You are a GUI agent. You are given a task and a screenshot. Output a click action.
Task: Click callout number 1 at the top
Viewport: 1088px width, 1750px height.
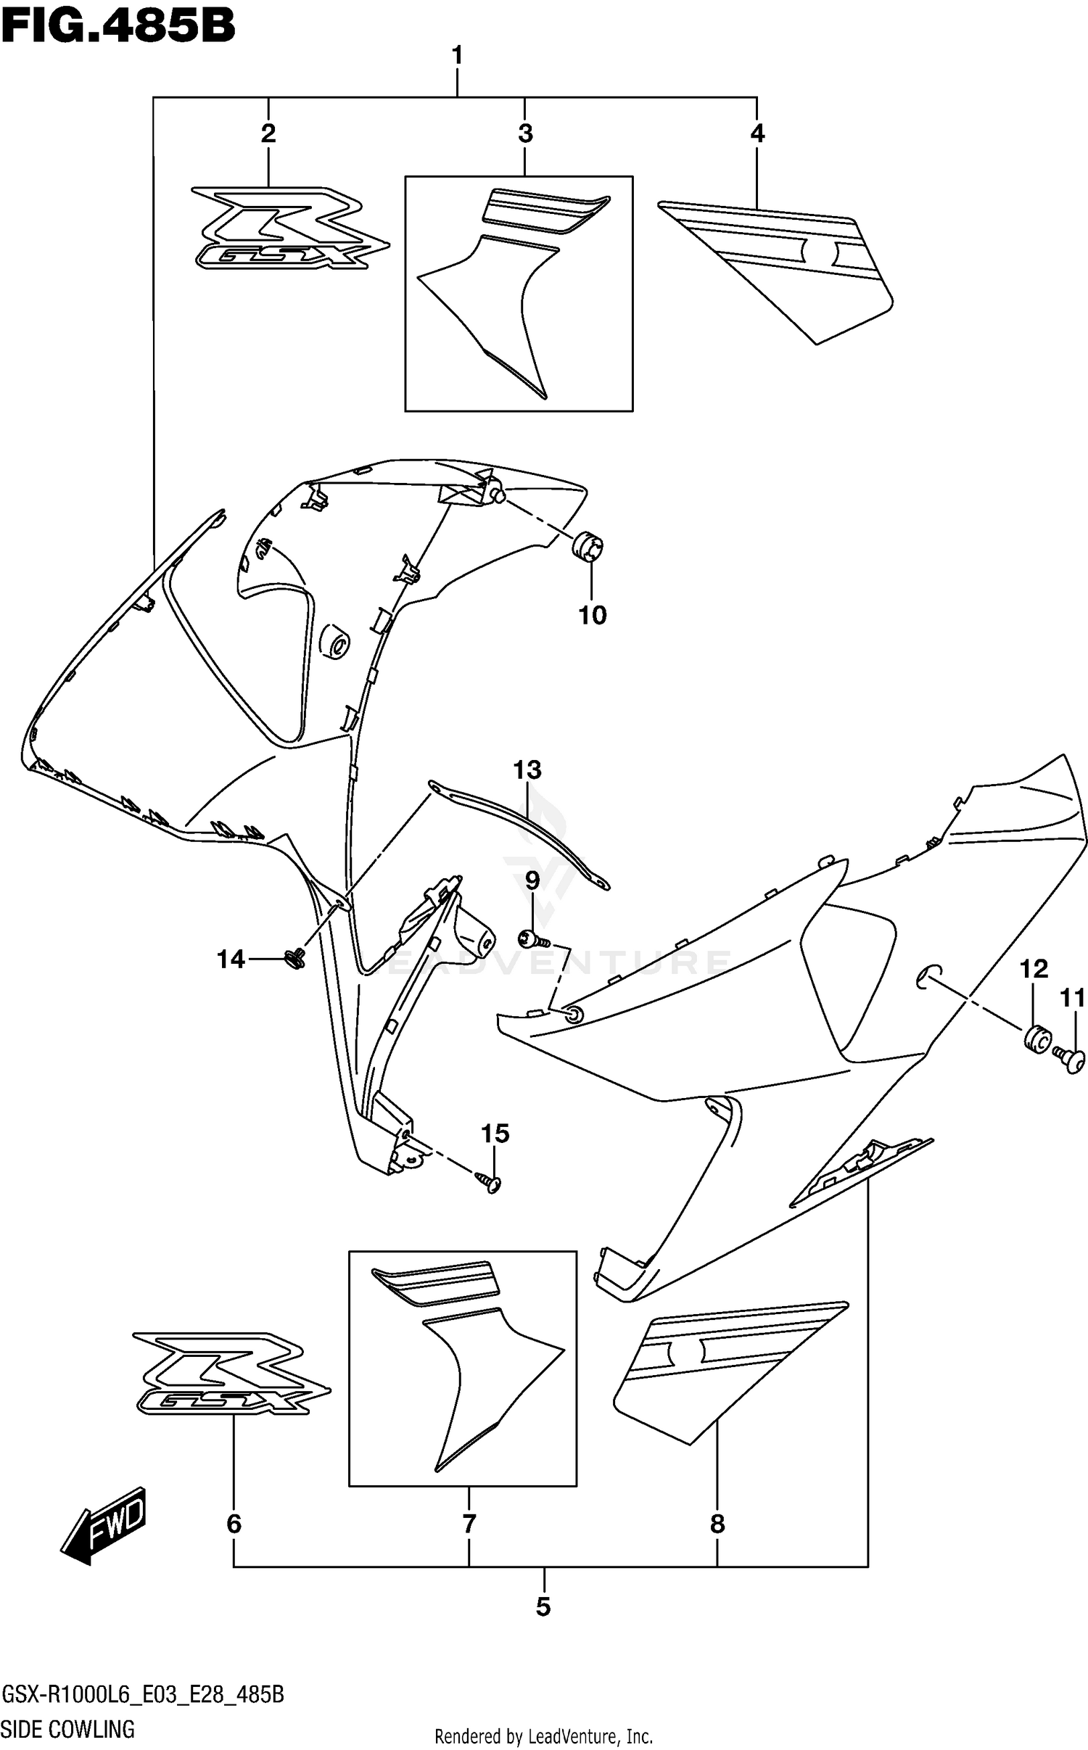(457, 56)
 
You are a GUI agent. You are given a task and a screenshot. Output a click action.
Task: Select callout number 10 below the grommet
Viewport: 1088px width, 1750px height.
(592, 616)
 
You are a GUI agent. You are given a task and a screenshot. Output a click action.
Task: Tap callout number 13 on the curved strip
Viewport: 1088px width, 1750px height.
(527, 769)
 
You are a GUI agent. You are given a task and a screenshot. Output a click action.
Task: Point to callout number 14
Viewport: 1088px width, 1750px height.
(231, 959)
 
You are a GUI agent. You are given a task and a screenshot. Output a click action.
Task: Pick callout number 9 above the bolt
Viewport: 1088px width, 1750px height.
(532, 881)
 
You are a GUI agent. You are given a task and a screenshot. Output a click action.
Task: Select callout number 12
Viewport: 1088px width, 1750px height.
(1034, 969)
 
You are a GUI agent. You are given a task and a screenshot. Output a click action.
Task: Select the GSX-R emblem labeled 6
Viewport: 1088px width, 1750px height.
(231, 1373)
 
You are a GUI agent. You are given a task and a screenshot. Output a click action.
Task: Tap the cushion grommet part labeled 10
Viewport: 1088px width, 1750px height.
(590, 545)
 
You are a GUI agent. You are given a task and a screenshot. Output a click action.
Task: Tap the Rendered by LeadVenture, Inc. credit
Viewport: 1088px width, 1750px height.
(543, 1736)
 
